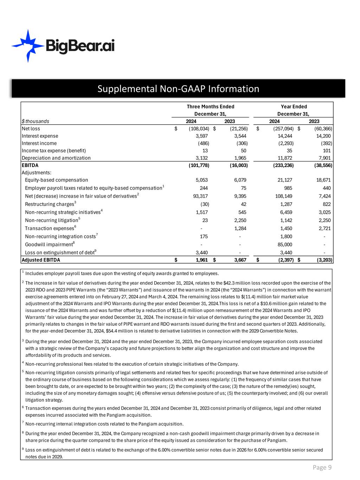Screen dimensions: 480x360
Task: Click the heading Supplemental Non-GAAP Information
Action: (178, 89)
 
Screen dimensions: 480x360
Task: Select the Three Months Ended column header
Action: (210, 107)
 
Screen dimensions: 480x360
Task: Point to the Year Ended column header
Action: (294, 107)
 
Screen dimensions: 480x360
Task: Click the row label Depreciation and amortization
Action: (56, 158)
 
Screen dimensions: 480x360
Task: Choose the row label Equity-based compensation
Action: (57, 180)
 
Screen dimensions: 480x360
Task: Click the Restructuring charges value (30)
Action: (204, 204)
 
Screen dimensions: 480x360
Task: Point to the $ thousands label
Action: (36, 121)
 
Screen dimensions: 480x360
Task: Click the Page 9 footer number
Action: (322, 467)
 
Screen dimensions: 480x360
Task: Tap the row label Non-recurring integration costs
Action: (60, 237)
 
